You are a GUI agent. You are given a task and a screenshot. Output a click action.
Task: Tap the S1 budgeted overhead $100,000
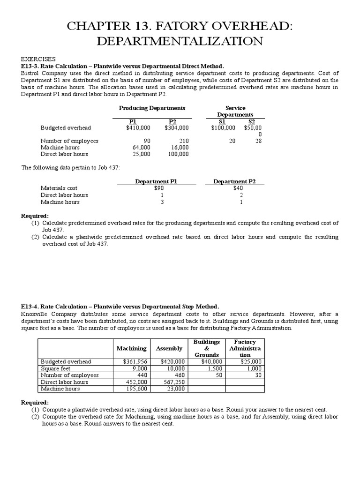tap(223, 127)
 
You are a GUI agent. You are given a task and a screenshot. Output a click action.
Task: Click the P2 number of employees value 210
tap(183, 141)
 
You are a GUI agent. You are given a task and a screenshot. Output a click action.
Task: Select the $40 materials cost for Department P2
tap(238, 188)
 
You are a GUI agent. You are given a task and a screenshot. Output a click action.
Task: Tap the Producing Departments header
tap(152, 108)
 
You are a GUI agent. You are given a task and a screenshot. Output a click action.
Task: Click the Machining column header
tap(131, 348)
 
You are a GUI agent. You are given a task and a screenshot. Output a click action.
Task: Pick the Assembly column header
tap(169, 348)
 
